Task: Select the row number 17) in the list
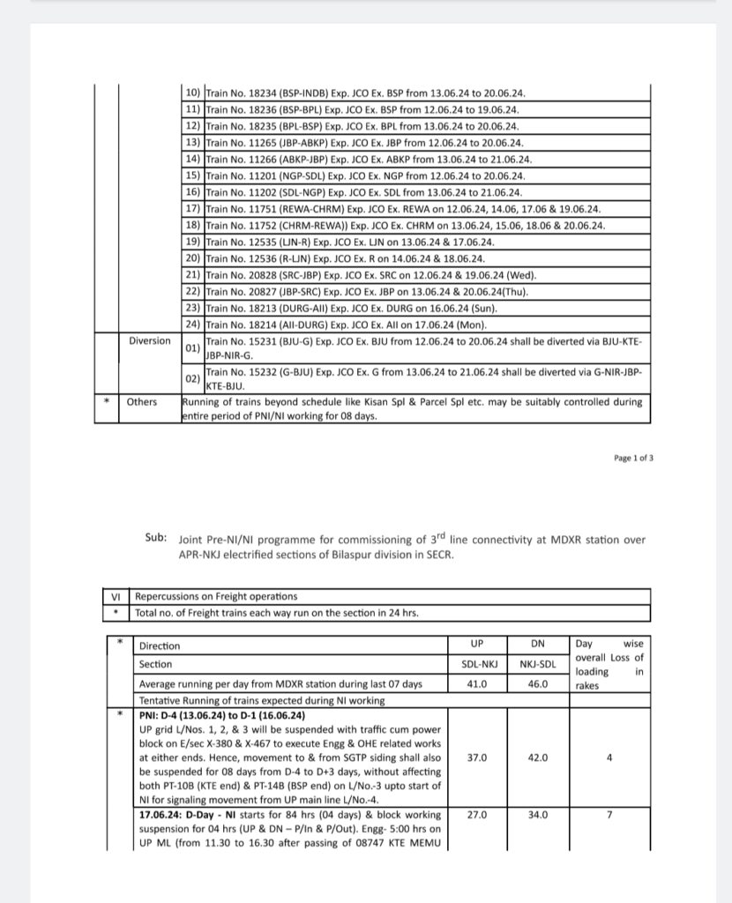[193, 209]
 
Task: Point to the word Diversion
[150, 340]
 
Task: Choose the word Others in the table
[142, 401]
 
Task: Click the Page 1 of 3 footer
[633, 458]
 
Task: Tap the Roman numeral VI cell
[115, 596]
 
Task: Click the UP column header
[477, 646]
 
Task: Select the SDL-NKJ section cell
[477, 664]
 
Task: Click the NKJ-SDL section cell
[538, 664]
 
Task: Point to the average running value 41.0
[477, 683]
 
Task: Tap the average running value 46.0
[538, 683]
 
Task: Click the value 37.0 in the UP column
[477, 757]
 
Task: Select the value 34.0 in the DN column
[538, 815]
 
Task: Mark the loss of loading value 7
[609, 815]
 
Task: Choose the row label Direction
[160, 646]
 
